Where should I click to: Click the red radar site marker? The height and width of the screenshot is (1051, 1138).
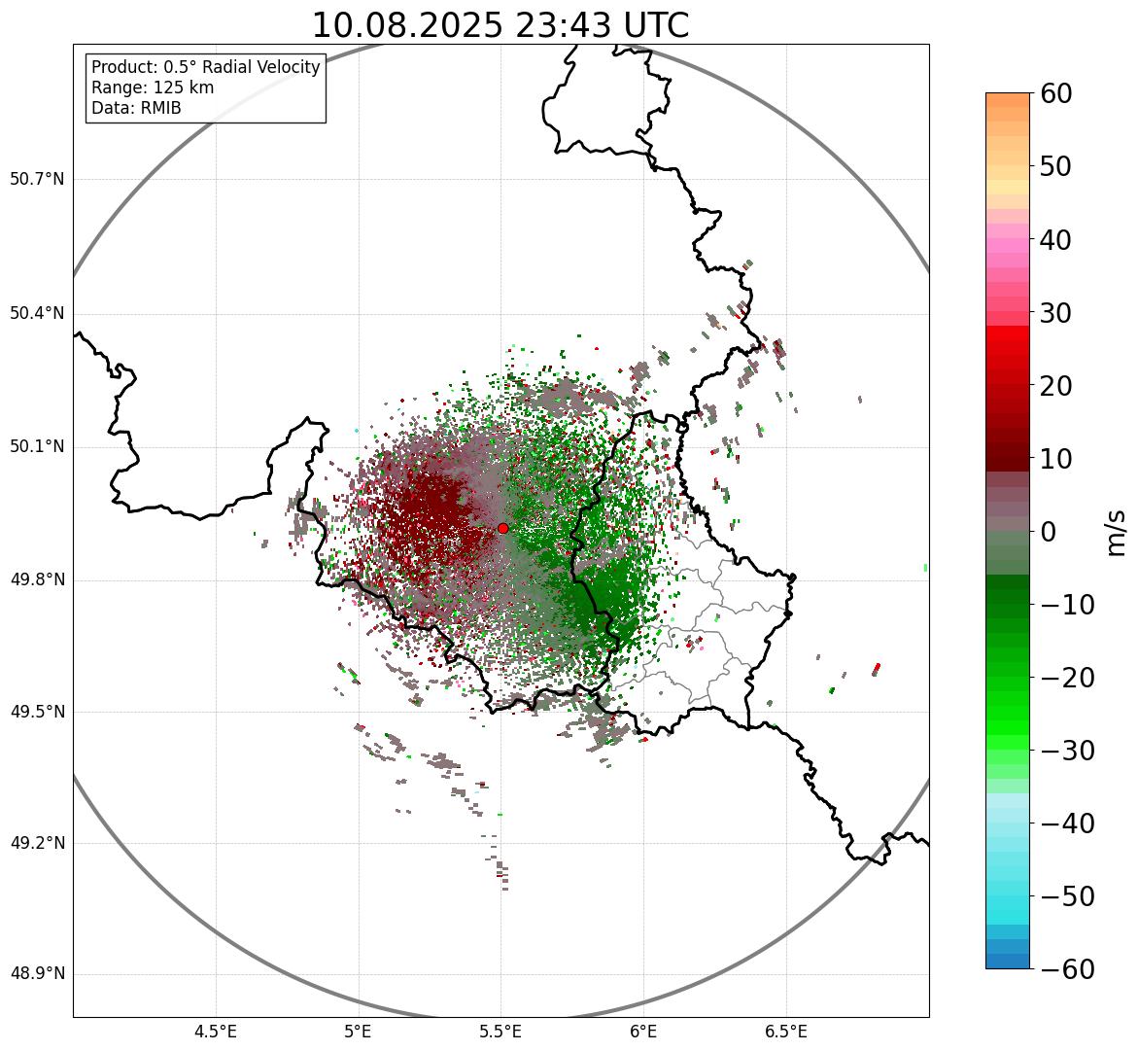pyautogui.click(x=502, y=528)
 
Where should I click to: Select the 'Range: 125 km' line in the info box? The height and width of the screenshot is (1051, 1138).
pyautogui.click(x=153, y=88)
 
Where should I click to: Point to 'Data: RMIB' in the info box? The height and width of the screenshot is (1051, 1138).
pyautogui.click(x=136, y=108)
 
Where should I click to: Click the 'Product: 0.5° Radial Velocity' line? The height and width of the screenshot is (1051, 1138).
pyautogui.click(x=205, y=67)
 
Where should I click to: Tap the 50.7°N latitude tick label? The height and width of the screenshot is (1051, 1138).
pyautogui.click(x=37, y=180)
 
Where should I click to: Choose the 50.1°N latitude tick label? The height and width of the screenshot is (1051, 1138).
pyautogui.click(x=37, y=447)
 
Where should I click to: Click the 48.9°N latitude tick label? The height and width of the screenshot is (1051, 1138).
pyautogui.click(x=37, y=974)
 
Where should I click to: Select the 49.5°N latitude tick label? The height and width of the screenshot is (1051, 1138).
pyautogui.click(x=37, y=712)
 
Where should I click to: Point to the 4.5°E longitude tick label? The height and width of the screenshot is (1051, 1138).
pyautogui.click(x=216, y=1032)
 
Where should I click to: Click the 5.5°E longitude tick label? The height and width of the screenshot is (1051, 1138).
pyautogui.click(x=500, y=1032)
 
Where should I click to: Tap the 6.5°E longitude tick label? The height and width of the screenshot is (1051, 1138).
pyautogui.click(x=785, y=1032)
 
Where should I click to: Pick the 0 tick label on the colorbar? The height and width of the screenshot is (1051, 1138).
pyautogui.click(x=1049, y=533)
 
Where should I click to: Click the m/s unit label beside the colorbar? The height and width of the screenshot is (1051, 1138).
pyautogui.click(x=1117, y=532)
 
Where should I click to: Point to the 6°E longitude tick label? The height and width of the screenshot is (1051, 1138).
pyautogui.click(x=643, y=1032)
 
